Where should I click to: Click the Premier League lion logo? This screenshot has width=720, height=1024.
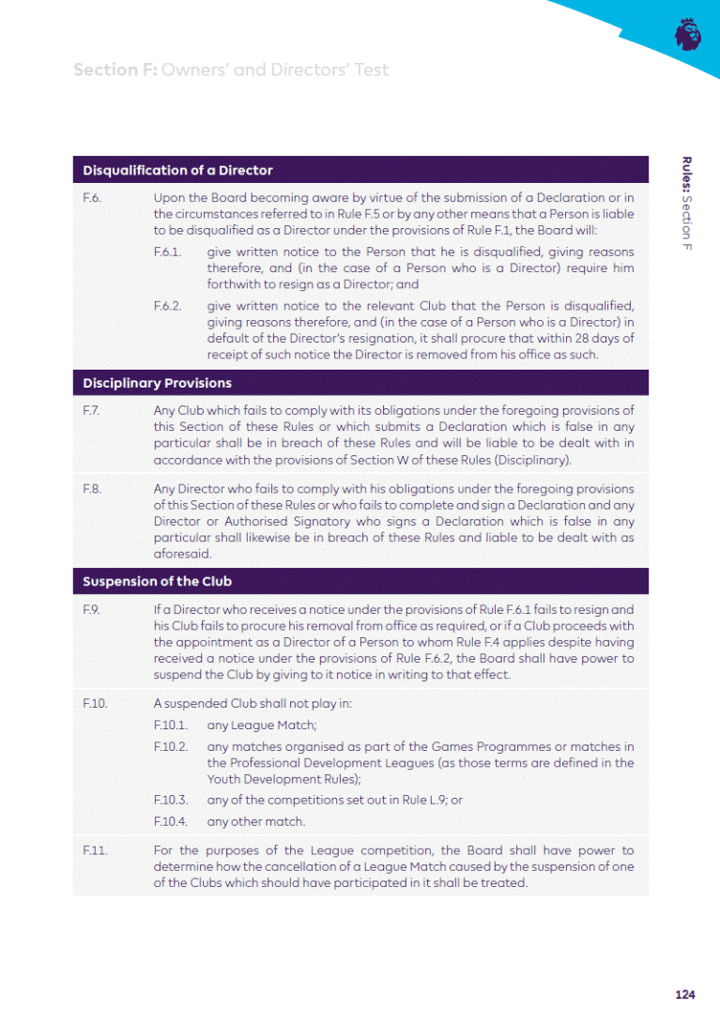click(x=688, y=34)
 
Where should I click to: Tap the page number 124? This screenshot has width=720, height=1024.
click(x=684, y=994)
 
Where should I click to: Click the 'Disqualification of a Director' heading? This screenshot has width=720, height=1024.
click(x=177, y=170)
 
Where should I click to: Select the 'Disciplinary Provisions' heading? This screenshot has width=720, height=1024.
click(x=157, y=383)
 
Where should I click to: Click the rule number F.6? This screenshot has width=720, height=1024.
click(x=92, y=197)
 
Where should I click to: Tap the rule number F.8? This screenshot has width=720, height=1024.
click(x=92, y=488)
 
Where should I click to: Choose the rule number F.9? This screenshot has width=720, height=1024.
click(x=92, y=609)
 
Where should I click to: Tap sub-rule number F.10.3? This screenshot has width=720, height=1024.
click(x=171, y=800)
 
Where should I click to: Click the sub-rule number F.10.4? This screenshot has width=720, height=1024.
click(x=171, y=821)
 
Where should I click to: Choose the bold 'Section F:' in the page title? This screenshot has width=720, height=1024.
click(x=115, y=70)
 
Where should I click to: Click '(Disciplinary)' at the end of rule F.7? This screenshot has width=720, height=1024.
click(x=532, y=461)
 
